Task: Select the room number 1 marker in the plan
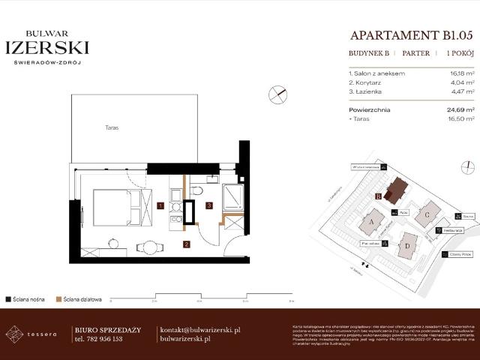[161, 205]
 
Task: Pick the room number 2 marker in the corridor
[186, 244]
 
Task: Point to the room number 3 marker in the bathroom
[210, 205]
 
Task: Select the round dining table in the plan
[150, 247]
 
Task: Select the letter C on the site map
[426, 214]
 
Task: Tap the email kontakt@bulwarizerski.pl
[200, 330]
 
